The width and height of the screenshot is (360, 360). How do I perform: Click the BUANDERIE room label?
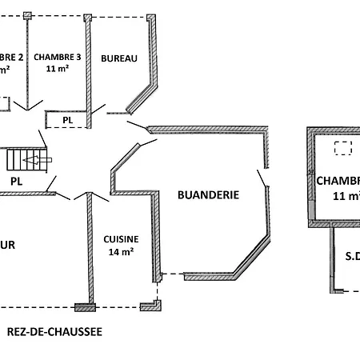point(209,194)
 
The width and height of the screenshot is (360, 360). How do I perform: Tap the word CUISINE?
point(121,239)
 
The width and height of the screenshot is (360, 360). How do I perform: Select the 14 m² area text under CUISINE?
point(121,251)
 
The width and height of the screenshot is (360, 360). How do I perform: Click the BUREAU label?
point(119,58)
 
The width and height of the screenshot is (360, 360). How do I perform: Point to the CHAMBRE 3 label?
point(58,57)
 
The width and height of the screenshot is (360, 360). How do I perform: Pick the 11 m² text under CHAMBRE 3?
point(58,70)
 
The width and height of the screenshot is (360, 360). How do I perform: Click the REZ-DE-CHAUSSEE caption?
point(54,331)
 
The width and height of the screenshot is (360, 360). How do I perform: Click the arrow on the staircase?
point(36,161)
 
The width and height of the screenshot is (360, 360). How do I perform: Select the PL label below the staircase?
point(16,182)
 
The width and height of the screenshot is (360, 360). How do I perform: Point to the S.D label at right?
point(351,257)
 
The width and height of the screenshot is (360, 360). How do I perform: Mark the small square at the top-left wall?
point(28,15)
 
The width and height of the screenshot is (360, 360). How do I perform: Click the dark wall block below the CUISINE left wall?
point(82,306)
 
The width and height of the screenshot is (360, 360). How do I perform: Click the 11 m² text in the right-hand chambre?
point(346,195)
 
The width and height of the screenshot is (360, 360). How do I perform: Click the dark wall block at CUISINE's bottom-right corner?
point(148,306)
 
